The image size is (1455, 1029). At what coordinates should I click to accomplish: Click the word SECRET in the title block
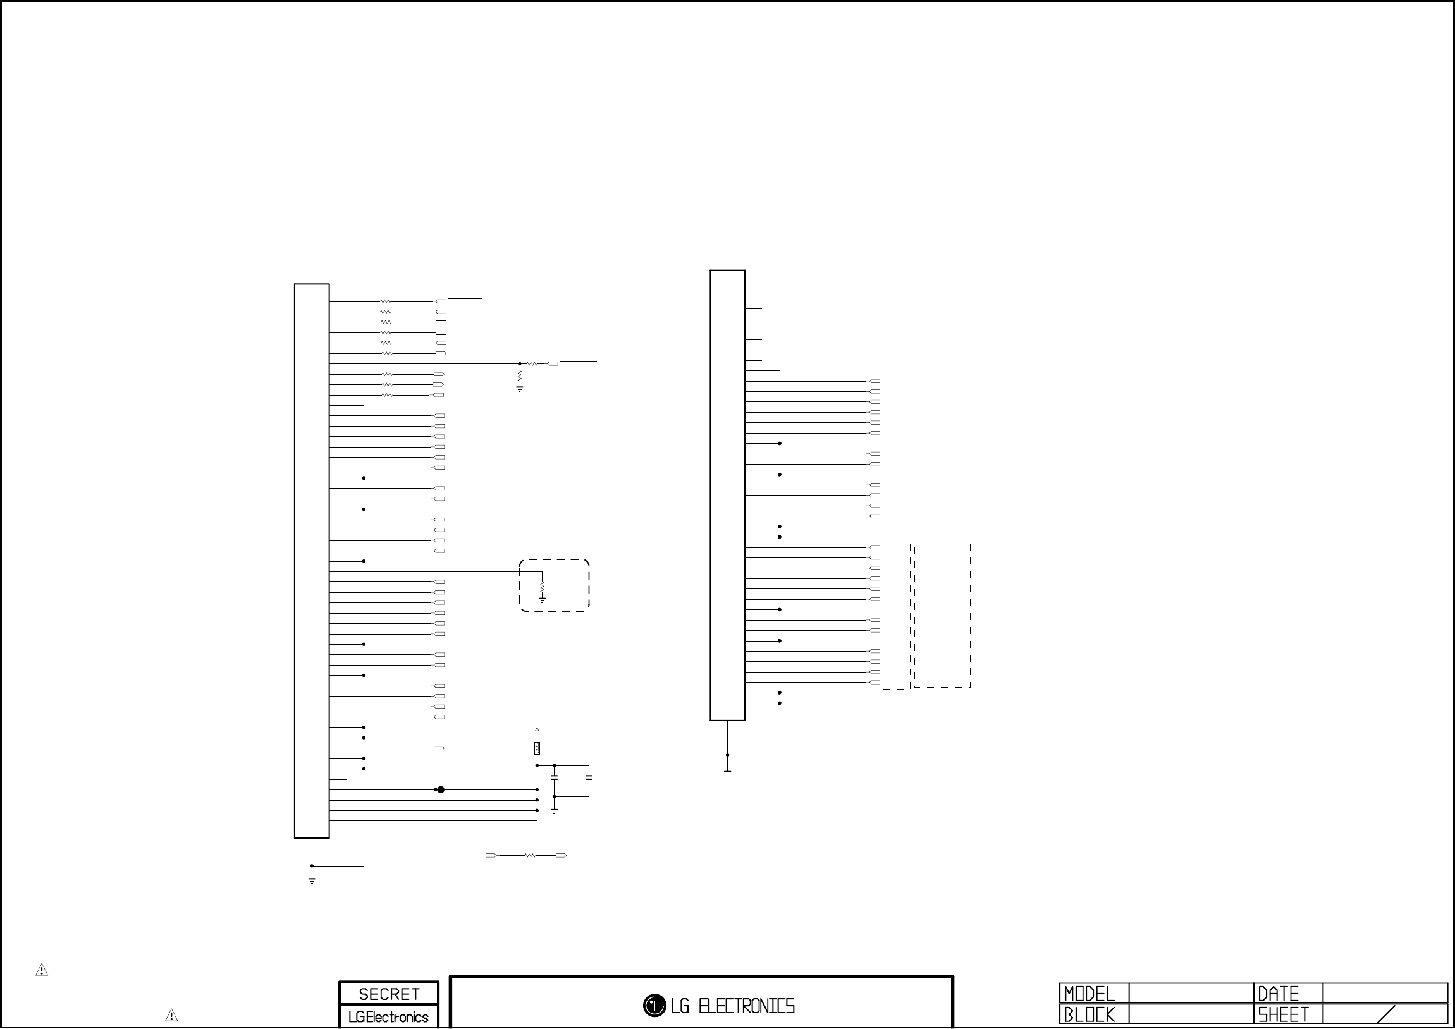[x=389, y=994]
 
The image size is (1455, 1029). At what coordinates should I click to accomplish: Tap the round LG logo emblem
[x=654, y=1005]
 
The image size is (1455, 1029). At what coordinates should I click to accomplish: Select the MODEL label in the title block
[x=1089, y=993]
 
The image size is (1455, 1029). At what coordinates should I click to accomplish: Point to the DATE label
[x=1278, y=993]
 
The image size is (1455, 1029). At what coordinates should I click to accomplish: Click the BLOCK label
[x=1089, y=1015]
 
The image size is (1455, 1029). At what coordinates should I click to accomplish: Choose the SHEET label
[x=1283, y=1015]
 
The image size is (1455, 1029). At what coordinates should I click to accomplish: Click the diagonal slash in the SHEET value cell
[x=1387, y=1014]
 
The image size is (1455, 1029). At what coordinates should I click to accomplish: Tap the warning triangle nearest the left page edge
[x=42, y=970]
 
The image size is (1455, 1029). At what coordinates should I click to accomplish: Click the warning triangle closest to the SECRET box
[x=171, y=1015]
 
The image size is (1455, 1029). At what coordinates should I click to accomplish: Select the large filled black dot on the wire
[x=441, y=789]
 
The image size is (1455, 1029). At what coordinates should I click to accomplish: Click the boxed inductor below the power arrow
[x=537, y=749]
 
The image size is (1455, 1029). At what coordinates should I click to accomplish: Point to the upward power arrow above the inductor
[x=537, y=731]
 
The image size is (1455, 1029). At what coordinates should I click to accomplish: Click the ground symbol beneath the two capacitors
[x=555, y=810]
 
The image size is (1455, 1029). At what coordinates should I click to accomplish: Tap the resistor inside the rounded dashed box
[x=543, y=588]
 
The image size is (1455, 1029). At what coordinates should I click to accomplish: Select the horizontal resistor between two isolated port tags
[x=530, y=855]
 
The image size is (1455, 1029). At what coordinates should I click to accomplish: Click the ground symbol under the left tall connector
[x=312, y=879]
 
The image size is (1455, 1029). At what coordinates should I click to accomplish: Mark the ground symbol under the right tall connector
[x=727, y=773]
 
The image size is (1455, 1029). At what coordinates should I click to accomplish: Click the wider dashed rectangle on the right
[x=942, y=615]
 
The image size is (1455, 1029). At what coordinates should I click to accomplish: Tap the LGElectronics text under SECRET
[x=388, y=1017]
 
